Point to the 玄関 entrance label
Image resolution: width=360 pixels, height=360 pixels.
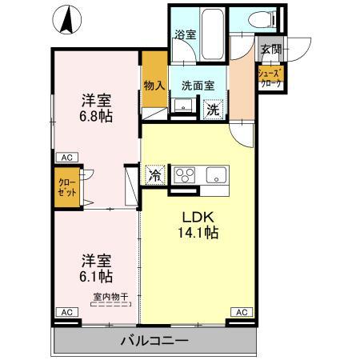point(270,49)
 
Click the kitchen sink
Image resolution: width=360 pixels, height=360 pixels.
point(216,175)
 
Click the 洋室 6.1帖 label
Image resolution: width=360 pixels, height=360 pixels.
point(94,268)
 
